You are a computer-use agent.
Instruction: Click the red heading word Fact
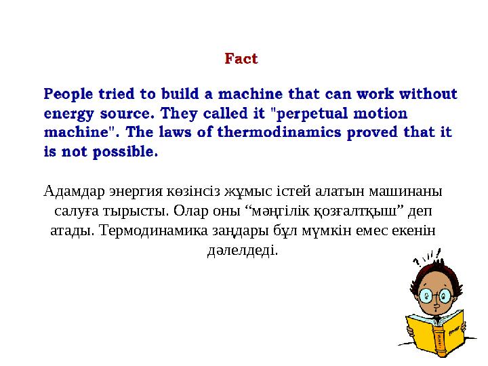point(241,58)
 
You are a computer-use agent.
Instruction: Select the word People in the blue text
point(68,94)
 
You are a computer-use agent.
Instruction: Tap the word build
point(180,94)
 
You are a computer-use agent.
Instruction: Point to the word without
point(428,94)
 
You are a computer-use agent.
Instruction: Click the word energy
point(68,114)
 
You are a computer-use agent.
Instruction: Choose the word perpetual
point(312,114)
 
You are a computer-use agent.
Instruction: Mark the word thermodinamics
point(279,132)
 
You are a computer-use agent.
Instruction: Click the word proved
point(372,133)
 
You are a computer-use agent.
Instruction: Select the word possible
point(125,152)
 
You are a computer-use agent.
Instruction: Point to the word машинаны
point(405,191)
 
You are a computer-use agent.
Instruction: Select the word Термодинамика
point(154,230)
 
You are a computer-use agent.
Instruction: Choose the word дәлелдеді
point(243,250)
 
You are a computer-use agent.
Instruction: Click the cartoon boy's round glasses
point(435,295)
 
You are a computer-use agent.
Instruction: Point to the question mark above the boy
point(417,262)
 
